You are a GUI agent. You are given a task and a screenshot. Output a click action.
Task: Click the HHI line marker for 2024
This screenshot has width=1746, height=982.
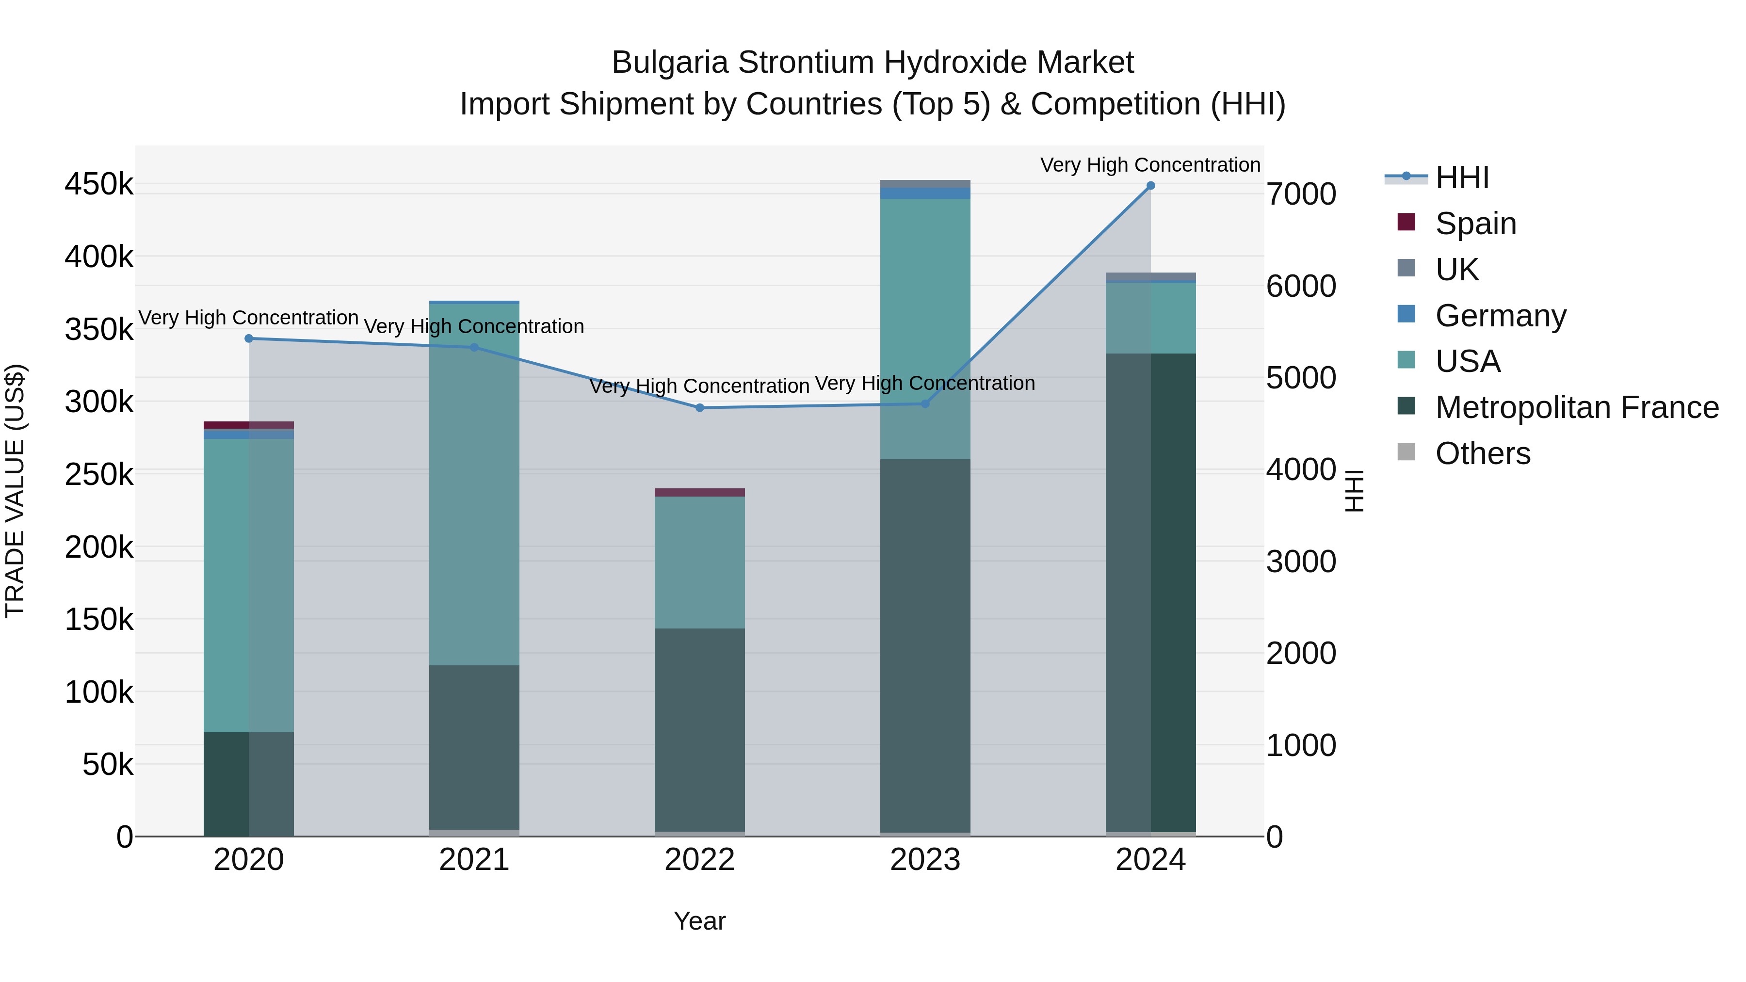pyautogui.click(x=1150, y=186)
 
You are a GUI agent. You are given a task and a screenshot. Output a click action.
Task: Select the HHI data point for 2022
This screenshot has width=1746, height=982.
pyautogui.click(x=699, y=408)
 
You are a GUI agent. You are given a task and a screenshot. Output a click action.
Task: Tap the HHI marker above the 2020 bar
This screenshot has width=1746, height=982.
pyautogui.click(x=249, y=338)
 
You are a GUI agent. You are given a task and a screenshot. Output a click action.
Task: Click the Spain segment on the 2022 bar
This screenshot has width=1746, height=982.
pyautogui.click(x=699, y=493)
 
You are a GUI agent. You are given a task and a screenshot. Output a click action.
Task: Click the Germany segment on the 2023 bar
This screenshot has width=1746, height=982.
pyautogui.click(x=925, y=193)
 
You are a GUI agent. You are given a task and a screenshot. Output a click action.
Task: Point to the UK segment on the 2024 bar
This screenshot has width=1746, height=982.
pyautogui.click(x=1150, y=276)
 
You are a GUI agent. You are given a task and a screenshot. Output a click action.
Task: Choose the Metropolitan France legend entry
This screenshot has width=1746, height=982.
pyautogui.click(x=1576, y=407)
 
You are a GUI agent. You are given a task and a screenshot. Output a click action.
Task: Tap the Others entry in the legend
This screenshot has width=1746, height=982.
pyautogui.click(x=1482, y=453)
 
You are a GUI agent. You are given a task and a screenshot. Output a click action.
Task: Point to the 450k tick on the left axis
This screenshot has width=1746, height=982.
pyautogui.click(x=99, y=184)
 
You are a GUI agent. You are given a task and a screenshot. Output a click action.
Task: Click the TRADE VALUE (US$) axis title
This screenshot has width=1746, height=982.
pyautogui.click(x=15, y=491)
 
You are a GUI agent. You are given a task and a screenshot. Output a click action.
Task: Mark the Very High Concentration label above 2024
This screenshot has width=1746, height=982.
pyautogui.click(x=1150, y=165)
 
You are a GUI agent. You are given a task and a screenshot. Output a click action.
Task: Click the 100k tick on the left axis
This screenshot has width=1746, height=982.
pyautogui.click(x=99, y=692)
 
